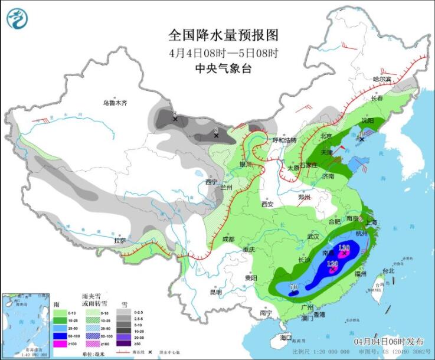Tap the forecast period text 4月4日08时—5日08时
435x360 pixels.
pyautogui.click(x=223, y=52)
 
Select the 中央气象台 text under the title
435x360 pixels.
pyautogui.click(x=223, y=68)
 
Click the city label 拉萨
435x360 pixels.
pyautogui.click(x=120, y=241)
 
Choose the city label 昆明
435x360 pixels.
pyautogui.click(x=215, y=292)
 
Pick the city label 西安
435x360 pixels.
pyautogui.click(x=267, y=204)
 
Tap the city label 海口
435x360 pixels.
pyautogui.click(x=286, y=338)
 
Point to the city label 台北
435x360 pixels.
pyautogui.click(x=388, y=271)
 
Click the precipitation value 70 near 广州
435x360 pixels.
pyautogui.click(x=293, y=287)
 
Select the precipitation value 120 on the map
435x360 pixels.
pyautogui.click(x=332, y=263)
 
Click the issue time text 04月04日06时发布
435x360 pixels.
pyautogui.click(x=388, y=342)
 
